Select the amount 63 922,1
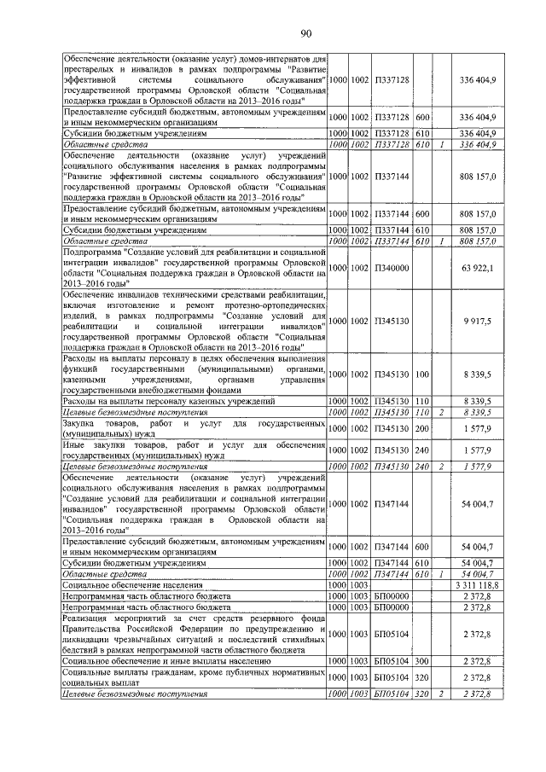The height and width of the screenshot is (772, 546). pos(479,268)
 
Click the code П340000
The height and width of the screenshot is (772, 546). pos(392,268)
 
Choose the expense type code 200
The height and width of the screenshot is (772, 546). pos(422,427)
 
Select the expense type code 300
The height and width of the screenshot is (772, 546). pos(422,660)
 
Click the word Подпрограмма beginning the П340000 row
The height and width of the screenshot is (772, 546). pos(96,252)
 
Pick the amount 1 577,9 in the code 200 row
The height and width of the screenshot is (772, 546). pos(482,427)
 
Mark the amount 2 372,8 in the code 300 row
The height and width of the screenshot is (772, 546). pos(480,660)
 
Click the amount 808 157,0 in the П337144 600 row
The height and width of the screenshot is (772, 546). pos(479,215)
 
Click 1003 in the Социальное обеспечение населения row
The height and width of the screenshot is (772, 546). pos(359,586)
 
